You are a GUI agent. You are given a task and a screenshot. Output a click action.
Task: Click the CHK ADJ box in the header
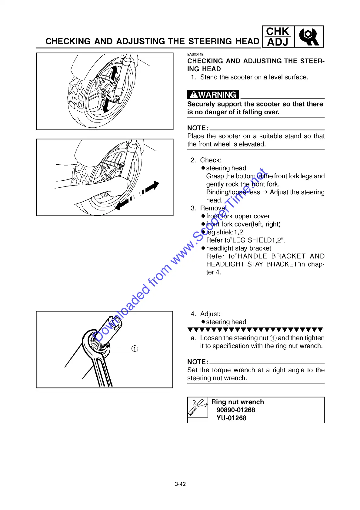pos(278,37)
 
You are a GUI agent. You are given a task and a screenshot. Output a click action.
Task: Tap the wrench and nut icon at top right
pos(309,37)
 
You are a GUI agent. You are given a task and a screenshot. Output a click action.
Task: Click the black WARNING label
pos(213,95)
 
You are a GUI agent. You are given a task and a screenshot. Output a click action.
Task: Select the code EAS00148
pos(195,54)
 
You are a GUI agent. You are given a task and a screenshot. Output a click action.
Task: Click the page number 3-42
pos(180,484)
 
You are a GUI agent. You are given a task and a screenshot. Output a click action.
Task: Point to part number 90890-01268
pos(235,410)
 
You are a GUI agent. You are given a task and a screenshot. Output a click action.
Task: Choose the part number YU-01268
pos(231,418)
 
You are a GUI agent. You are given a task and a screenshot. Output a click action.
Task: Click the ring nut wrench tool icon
pos(198,407)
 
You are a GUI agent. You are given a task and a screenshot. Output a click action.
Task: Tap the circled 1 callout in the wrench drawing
pos(135,348)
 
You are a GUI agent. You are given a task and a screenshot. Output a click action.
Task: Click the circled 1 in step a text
pos(273,338)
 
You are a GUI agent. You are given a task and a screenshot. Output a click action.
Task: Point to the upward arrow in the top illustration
pos(114,72)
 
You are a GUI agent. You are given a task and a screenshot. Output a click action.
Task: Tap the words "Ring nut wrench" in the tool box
pos(237,402)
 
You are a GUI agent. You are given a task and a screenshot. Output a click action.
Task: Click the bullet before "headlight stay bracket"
pos(203,248)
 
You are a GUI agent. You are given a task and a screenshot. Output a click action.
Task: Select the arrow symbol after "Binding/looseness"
pos(265,192)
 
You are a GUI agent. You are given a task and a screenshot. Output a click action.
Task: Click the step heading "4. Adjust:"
pos(205,314)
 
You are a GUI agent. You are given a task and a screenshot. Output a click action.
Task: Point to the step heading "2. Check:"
pos(206,160)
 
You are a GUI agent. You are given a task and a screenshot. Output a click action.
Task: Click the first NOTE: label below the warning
pos(198,128)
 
